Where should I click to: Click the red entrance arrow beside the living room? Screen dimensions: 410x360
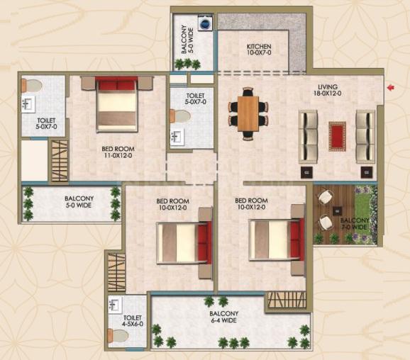(391, 88)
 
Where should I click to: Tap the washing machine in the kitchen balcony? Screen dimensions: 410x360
(205, 23)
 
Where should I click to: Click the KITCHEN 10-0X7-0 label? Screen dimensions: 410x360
(259, 50)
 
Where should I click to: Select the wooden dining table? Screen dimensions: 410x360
(248, 113)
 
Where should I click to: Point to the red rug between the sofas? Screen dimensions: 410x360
(338, 136)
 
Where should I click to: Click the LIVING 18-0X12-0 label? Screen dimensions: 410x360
(328, 90)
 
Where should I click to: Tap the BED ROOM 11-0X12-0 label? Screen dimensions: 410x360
(118, 152)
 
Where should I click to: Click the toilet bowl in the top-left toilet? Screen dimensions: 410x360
(32, 86)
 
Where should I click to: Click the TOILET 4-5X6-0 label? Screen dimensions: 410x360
(133, 321)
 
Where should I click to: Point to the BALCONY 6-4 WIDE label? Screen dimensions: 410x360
(224, 317)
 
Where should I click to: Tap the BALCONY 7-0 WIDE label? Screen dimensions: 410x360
(355, 224)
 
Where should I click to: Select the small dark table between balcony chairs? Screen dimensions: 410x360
(337, 210)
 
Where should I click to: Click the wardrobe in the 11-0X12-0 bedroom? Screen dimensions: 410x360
(60, 161)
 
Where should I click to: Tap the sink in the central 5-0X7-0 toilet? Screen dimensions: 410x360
(177, 136)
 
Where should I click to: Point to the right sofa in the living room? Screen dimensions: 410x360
(365, 137)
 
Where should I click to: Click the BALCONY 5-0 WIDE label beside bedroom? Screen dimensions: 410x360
(79, 202)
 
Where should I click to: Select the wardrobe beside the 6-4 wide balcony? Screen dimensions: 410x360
(287, 300)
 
